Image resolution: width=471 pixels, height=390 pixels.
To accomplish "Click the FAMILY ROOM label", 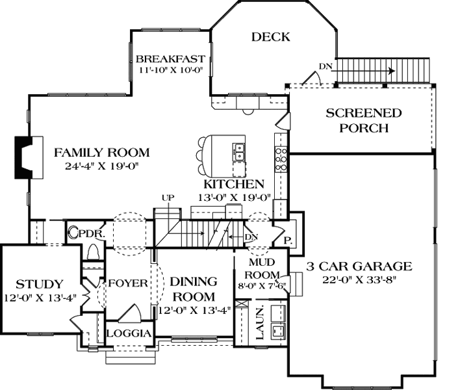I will tap(101, 153).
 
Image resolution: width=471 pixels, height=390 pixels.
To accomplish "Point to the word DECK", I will tap(270, 37).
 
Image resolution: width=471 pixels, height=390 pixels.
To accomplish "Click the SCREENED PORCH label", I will tap(363, 120).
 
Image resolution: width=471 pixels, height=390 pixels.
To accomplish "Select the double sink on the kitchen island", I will tap(238, 152).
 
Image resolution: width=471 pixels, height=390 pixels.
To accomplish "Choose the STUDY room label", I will tap(39, 284).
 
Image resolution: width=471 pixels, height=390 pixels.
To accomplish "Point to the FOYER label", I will tap(128, 284).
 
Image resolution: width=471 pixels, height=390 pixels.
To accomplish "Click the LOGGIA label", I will tap(129, 333).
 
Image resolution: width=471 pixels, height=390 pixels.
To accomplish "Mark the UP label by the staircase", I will tap(168, 198).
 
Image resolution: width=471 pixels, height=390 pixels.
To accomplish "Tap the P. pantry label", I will tap(287, 240).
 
